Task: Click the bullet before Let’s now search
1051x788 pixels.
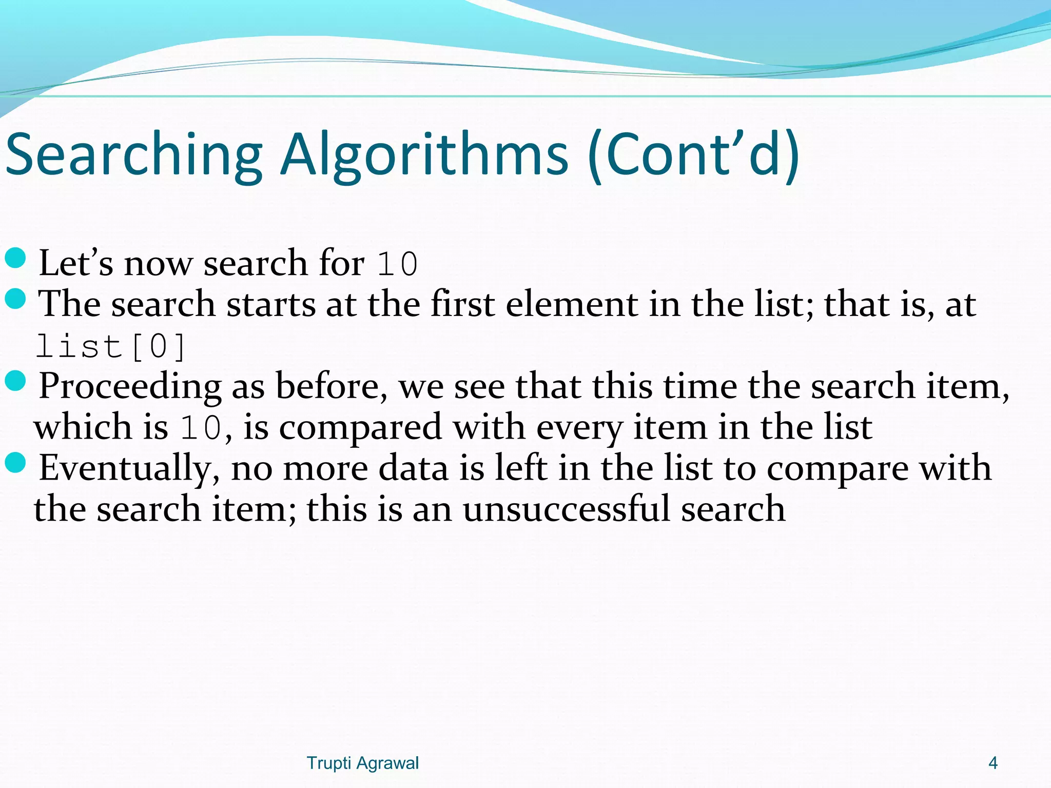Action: (x=15, y=258)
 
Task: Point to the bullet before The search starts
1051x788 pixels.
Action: (x=15, y=299)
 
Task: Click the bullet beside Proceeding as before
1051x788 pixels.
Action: (x=15, y=381)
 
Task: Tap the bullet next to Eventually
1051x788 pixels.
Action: (x=15, y=463)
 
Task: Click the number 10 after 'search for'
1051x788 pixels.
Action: (x=397, y=264)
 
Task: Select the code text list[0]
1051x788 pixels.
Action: (x=110, y=346)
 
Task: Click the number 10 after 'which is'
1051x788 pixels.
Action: (x=201, y=428)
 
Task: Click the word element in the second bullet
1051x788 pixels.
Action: (x=571, y=304)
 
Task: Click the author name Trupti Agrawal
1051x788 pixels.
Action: (x=362, y=763)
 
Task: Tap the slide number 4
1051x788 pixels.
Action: (x=992, y=763)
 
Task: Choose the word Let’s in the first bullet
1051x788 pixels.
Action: (x=76, y=263)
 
